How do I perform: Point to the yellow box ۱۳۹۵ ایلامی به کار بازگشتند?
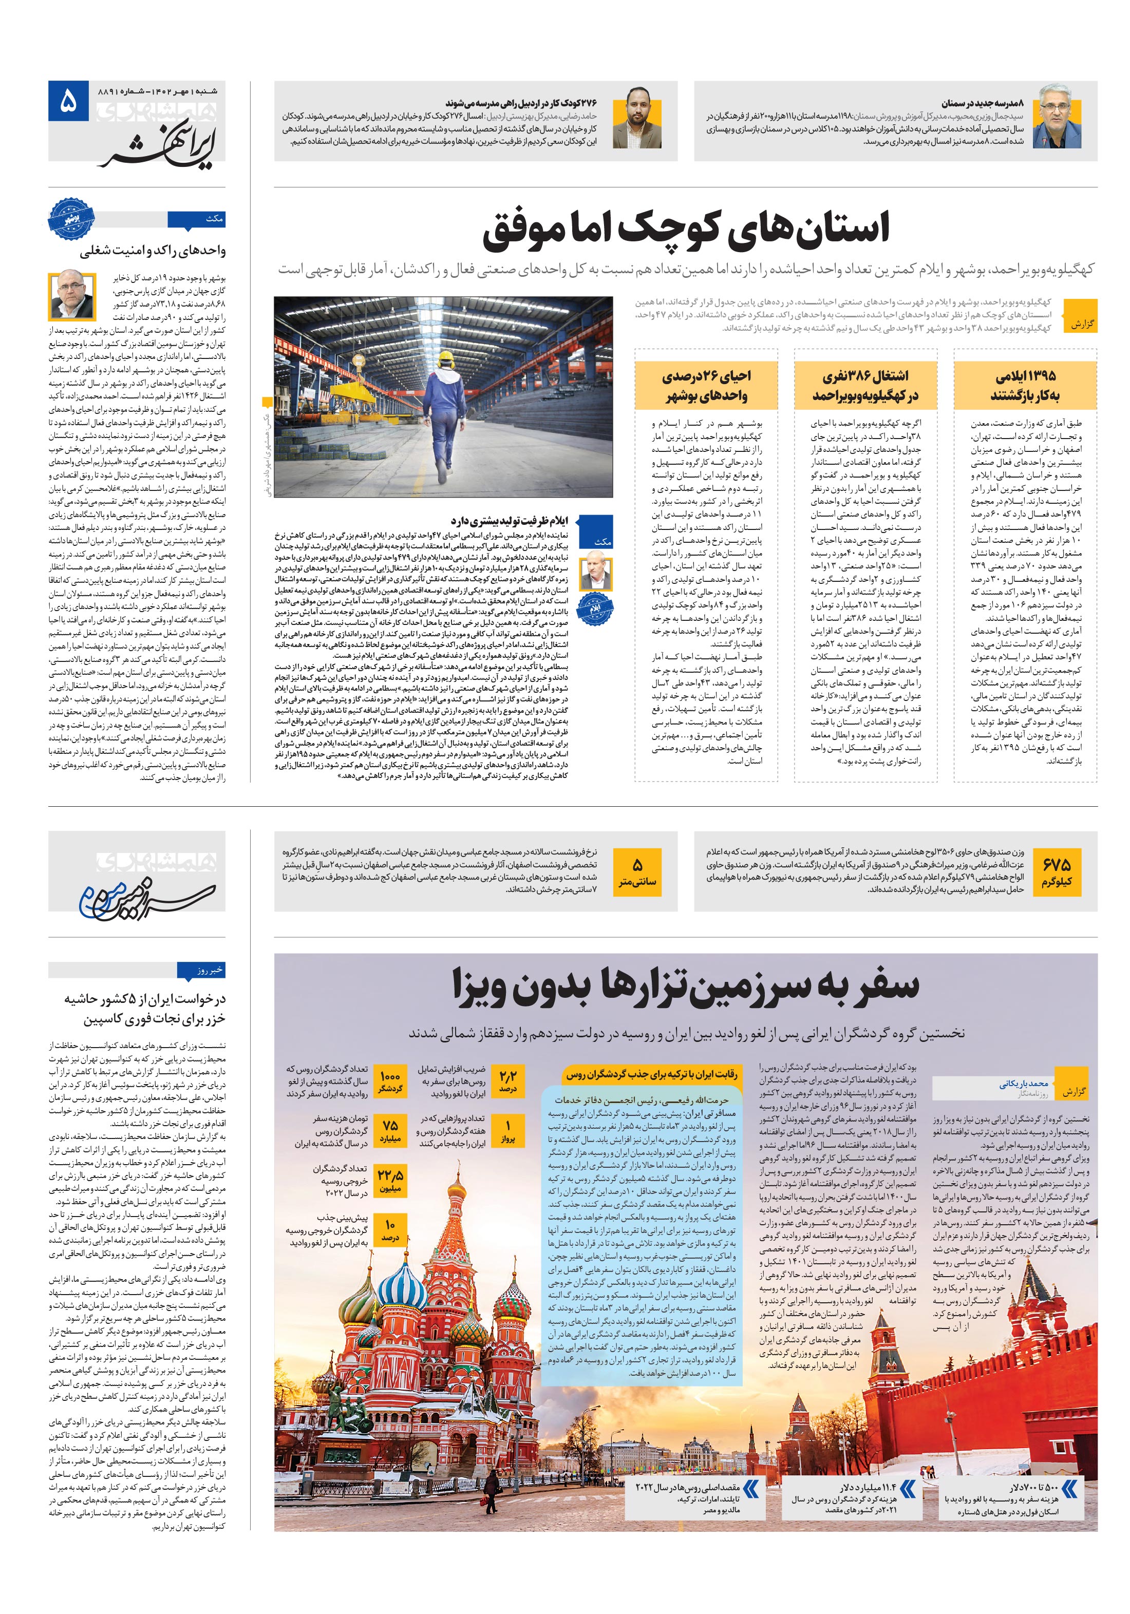(1025, 385)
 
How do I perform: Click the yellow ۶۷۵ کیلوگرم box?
(1056, 871)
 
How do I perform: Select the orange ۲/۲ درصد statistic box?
(507, 1081)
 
